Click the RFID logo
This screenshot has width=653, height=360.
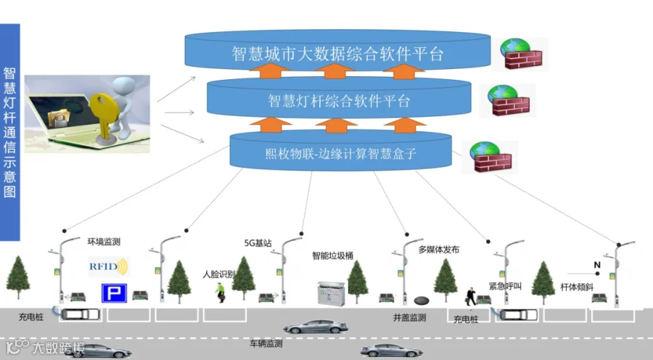point(109,266)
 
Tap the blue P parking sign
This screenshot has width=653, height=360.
point(114,293)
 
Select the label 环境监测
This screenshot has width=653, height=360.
point(104,242)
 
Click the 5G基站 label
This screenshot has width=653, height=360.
point(258,243)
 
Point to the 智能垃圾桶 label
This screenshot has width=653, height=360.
point(333,255)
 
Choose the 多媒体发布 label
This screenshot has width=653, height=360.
point(439,250)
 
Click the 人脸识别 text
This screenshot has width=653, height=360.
point(219,274)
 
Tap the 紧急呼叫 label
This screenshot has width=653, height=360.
point(505,286)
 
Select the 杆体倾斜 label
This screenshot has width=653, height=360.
point(577,287)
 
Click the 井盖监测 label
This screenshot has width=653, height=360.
point(409,317)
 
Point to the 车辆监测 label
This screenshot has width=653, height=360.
point(266,343)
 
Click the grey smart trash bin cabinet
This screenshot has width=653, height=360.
point(331,294)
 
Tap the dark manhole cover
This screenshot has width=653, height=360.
point(422,300)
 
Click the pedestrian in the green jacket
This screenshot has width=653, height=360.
point(220,292)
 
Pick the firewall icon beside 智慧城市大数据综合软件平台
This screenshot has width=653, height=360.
point(521,54)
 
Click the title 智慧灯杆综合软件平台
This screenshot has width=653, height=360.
point(339,101)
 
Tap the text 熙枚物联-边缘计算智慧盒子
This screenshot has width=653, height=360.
point(341,154)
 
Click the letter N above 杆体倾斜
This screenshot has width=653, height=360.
point(597,265)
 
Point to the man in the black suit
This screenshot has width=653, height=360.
point(471,296)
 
